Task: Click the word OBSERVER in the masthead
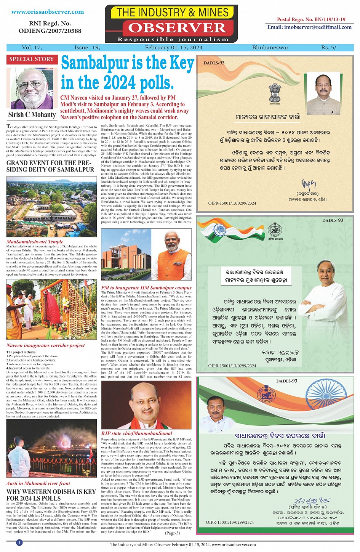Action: [177, 28]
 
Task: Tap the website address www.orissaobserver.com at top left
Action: [48, 12]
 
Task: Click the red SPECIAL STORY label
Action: [32, 59]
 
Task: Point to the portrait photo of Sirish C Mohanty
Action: [32, 89]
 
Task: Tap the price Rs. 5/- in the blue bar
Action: [330, 48]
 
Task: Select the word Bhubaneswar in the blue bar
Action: [270, 48]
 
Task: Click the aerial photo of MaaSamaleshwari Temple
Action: [51, 206]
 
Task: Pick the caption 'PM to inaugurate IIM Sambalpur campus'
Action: [146, 288]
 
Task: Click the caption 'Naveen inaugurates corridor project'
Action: [45, 345]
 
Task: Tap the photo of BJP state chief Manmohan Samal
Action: [146, 405]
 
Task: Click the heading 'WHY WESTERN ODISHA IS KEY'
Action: [51, 492]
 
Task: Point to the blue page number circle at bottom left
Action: [19, 542]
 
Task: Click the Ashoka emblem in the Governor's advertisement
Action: [275, 93]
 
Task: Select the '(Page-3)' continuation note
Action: [172, 533]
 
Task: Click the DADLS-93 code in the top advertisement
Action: [214, 63]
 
